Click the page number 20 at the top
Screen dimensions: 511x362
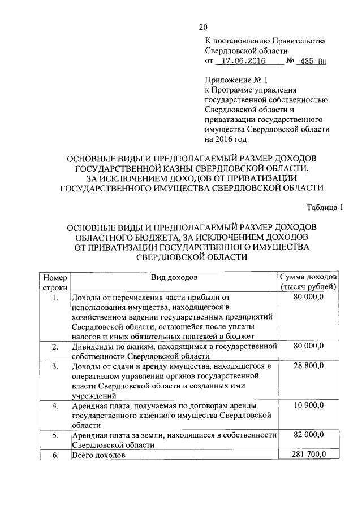click(204, 27)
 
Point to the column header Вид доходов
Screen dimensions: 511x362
click(174, 277)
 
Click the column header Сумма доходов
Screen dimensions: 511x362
click(308, 277)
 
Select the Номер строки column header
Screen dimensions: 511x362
click(54, 282)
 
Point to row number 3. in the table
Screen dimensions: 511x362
click(54, 367)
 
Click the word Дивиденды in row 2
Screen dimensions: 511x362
click(92, 346)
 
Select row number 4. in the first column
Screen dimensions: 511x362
click(54, 405)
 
